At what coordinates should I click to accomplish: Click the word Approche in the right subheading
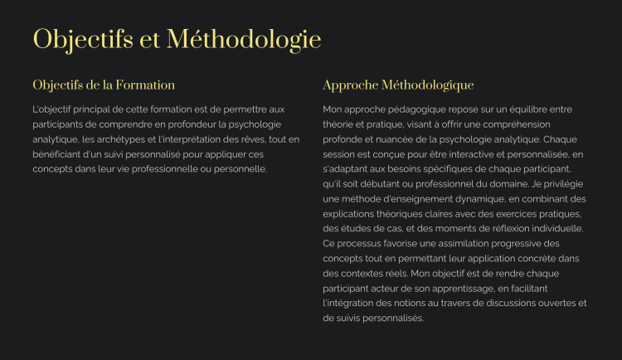tap(350, 85)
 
